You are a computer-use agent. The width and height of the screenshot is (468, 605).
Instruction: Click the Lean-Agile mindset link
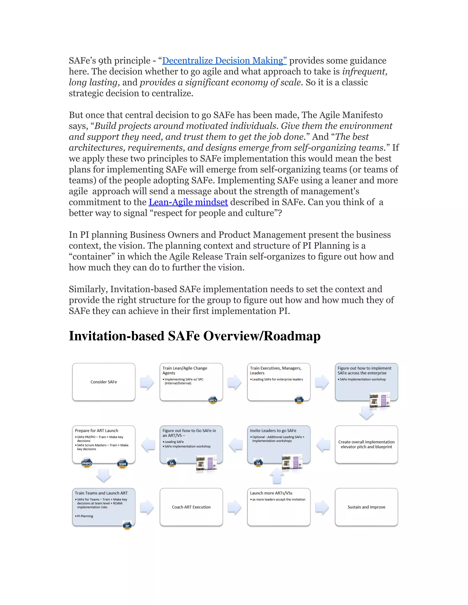click(x=188, y=202)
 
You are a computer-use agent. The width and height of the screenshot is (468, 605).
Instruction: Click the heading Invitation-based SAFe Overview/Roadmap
click(x=195, y=336)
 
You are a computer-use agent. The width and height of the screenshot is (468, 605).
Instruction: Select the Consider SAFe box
click(x=104, y=382)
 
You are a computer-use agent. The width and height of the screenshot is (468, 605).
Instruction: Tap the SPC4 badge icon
click(x=213, y=400)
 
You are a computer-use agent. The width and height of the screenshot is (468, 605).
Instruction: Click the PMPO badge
click(x=87, y=463)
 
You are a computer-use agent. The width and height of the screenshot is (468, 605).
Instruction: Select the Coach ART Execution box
click(x=191, y=507)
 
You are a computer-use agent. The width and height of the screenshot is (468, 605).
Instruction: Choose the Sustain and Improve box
click(x=366, y=507)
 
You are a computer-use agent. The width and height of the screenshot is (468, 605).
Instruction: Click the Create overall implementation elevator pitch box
click(x=366, y=444)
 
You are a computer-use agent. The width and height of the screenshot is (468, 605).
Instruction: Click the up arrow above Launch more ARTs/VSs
click(x=277, y=476)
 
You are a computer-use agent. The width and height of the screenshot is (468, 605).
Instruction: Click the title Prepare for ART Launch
click(x=96, y=431)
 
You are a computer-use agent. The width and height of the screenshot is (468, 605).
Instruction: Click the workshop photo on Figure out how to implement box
click(x=380, y=400)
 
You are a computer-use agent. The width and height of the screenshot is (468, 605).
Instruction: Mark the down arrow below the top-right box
click(x=366, y=413)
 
